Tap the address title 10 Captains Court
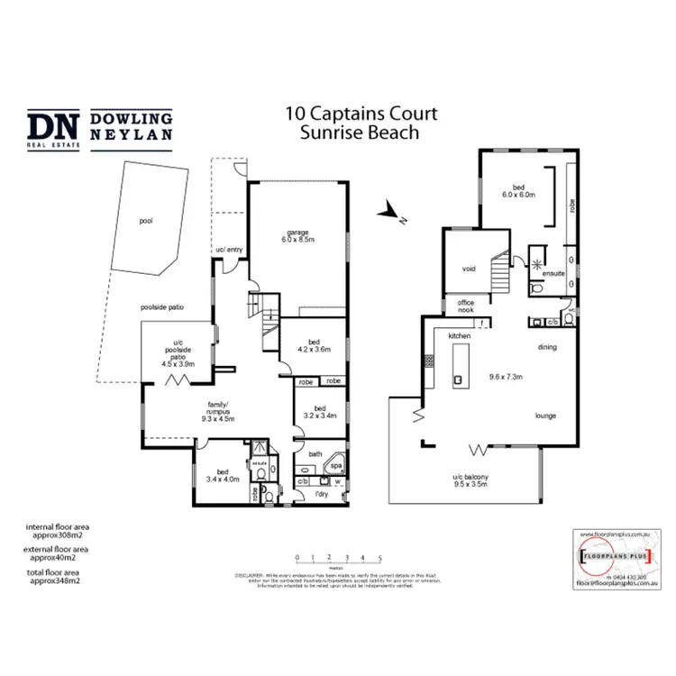pyautogui.click(x=361, y=114)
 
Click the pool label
pyautogui.click(x=146, y=220)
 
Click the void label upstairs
pyautogui.click(x=468, y=268)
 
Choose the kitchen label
pyautogui.click(x=461, y=336)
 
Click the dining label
pyautogui.click(x=546, y=346)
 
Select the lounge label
pyautogui.click(x=544, y=416)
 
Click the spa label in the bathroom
pyautogui.click(x=336, y=466)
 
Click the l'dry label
pyautogui.click(x=320, y=494)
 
